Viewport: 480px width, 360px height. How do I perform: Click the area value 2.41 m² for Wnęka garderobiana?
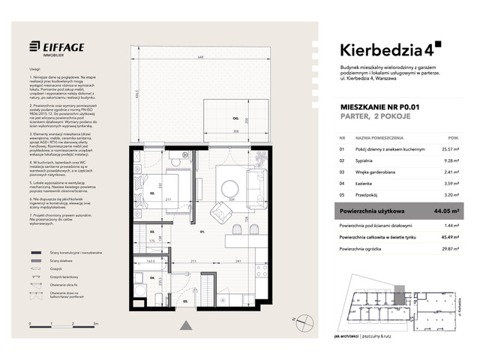(x=452, y=171)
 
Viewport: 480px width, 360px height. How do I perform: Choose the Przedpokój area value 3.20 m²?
(x=452, y=193)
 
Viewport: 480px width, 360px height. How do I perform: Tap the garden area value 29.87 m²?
(x=451, y=249)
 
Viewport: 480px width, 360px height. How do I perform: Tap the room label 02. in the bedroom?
(x=151, y=193)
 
